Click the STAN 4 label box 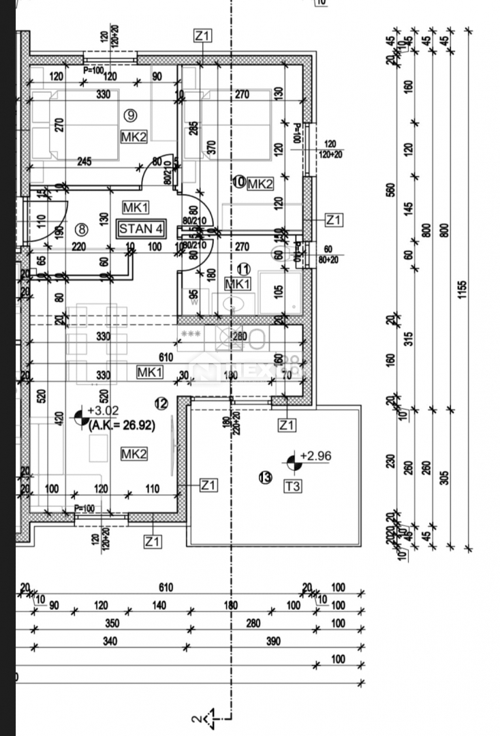[141, 228]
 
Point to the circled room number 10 [238, 182]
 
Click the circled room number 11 [243, 269]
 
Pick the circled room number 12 [161, 404]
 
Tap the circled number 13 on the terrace [266, 477]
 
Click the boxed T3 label [293, 486]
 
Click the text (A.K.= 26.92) [122, 425]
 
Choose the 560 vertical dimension [390, 191]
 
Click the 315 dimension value [409, 339]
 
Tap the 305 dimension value [446, 476]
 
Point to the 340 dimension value [109, 641]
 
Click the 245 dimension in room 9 [84, 162]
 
